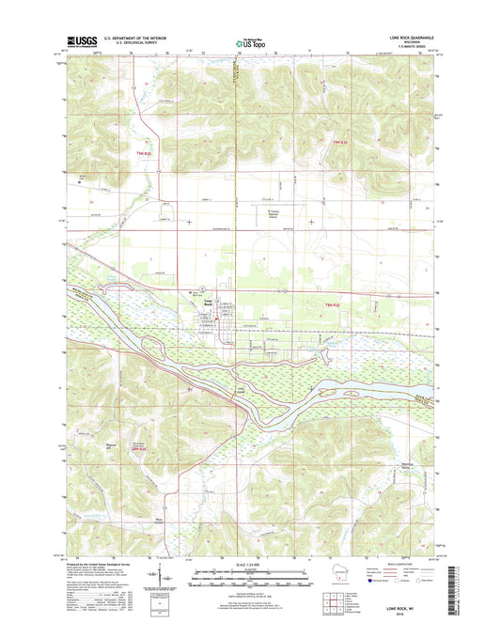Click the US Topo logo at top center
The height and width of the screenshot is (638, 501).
pos(250,42)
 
